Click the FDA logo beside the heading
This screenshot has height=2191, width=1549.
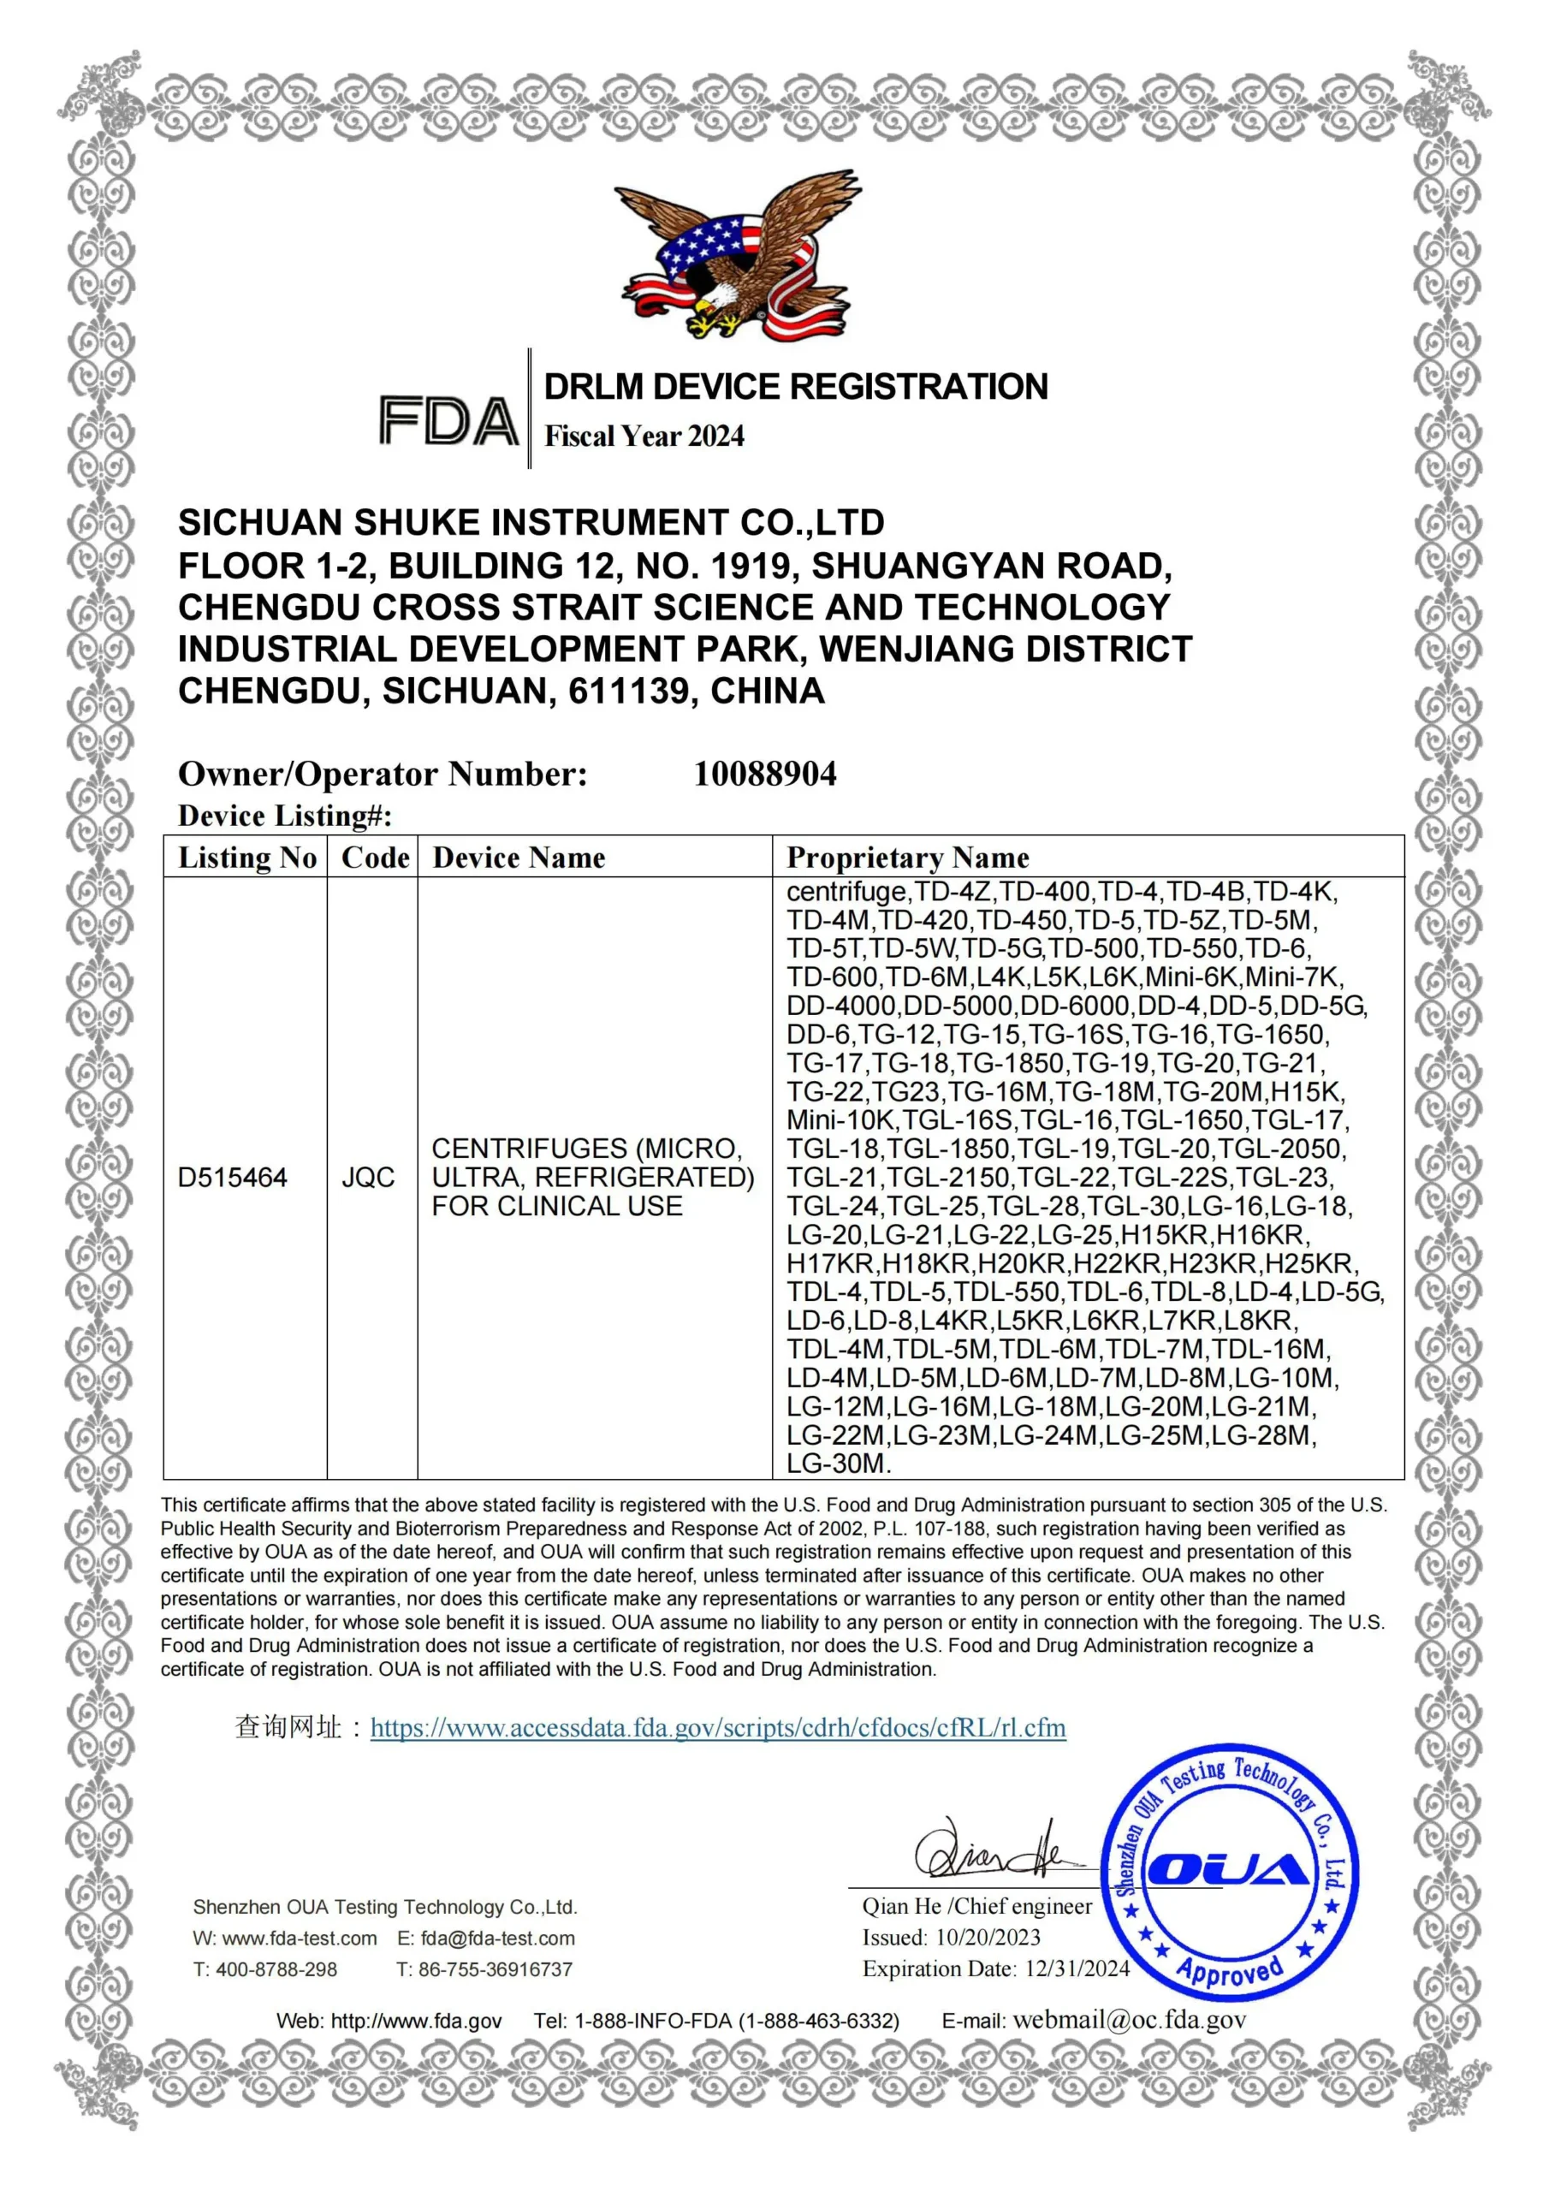click(448, 421)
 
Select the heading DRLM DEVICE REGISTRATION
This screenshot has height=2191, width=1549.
click(795, 387)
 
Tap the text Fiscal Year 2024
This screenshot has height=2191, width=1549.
click(644, 436)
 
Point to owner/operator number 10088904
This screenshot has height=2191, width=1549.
click(764, 774)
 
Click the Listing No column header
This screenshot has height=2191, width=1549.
click(246, 857)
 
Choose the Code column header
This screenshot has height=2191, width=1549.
click(375, 857)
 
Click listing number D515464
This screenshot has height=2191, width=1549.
click(232, 1178)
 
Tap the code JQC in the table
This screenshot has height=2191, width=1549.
click(368, 1178)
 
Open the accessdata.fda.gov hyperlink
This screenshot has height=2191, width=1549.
click(718, 1727)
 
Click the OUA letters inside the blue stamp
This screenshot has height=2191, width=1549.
click(1227, 1869)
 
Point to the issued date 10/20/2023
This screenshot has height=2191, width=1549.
click(988, 1937)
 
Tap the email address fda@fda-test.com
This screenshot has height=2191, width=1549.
click(497, 1939)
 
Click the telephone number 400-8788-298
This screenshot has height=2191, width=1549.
click(276, 1969)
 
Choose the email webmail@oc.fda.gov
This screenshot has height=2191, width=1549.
click(1129, 2020)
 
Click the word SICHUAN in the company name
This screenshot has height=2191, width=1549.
click(259, 523)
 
